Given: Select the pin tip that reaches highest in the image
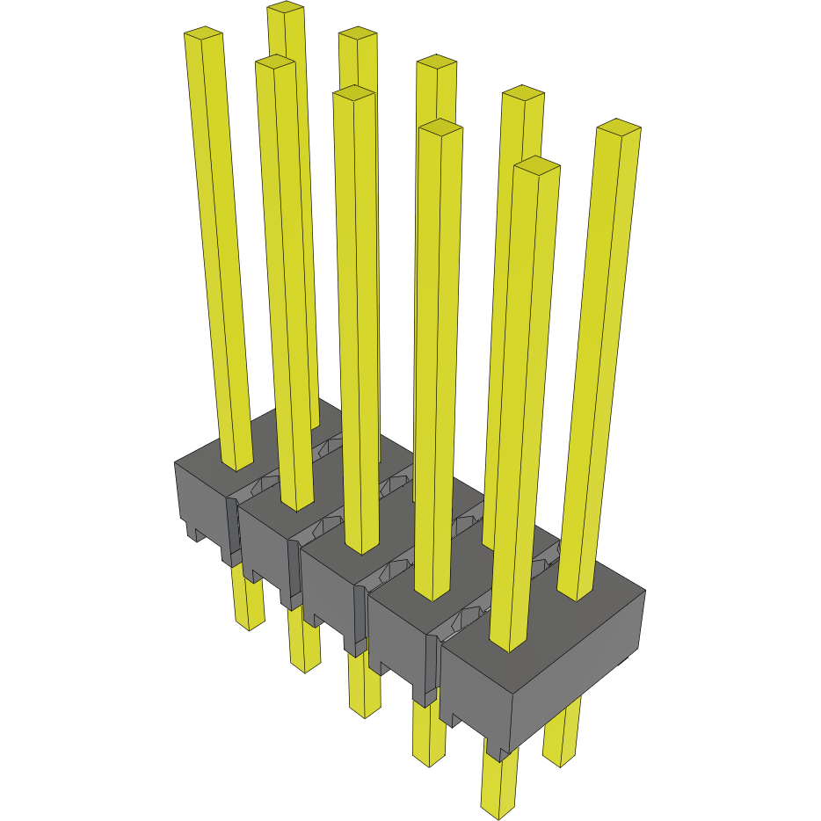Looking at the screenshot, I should click(x=286, y=8).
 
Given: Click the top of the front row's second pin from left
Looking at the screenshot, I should click(x=275, y=62).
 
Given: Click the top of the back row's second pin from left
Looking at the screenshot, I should click(x=358, y=33).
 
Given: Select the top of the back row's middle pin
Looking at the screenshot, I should click(x=436, y=61).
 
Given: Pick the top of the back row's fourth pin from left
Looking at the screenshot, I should click(x=523, y=92).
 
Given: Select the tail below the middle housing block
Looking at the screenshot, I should click(x=365, y=708).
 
